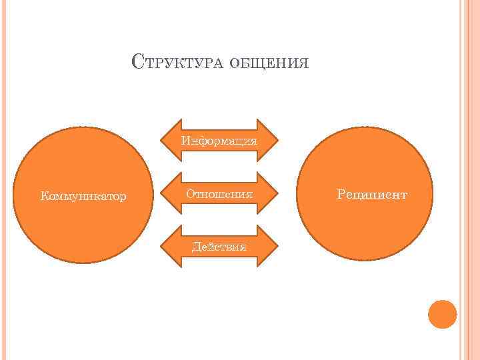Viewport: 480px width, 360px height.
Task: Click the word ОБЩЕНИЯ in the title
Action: pos(269,63)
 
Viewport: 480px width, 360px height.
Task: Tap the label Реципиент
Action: pos(372,195)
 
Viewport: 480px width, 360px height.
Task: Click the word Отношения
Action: pos(219,194)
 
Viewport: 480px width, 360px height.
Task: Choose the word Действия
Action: pos(219,247)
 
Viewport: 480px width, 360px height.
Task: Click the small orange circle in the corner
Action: pos(442,314)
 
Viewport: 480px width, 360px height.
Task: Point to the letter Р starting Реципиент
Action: pos(341,195)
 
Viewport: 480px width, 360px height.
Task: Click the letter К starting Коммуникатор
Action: pos(44,197)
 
